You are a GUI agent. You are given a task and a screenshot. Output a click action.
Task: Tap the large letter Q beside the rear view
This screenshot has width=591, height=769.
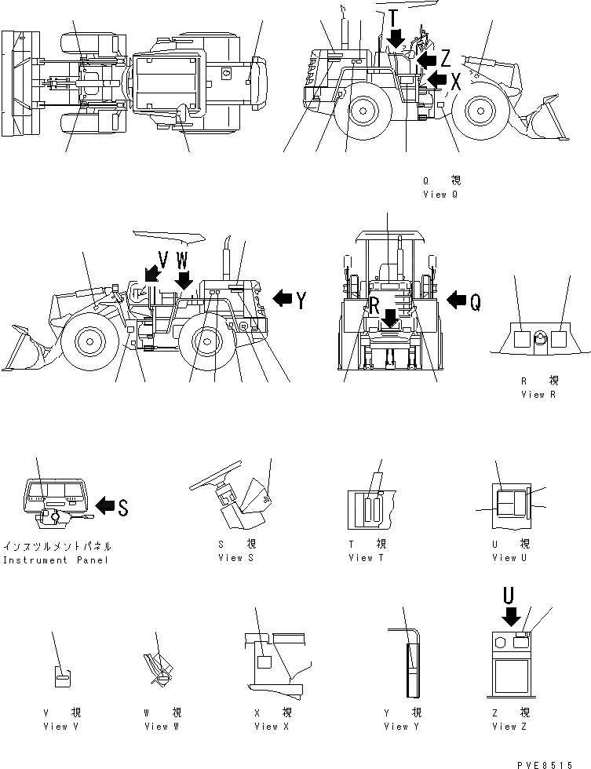pyautogui.click(x=475, y=300)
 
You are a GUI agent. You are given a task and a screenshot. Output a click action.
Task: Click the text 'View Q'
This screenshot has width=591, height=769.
pyautogui.click(x=440, y=194)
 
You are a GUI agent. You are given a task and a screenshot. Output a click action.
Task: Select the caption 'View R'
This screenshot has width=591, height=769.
pyautogui.click(x=538, y=395)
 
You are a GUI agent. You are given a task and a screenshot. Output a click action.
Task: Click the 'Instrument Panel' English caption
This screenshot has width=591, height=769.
pyautogui.click(x=57, y=560)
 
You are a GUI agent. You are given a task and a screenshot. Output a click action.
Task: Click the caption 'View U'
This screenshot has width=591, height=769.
pyautogui.click(x=504, y=558)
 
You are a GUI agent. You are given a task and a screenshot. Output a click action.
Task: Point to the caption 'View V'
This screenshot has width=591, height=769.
pyautogui.click(x=60, y=727)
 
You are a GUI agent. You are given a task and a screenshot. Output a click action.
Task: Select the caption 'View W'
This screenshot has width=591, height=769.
pyautogui.click(x=162, y=727)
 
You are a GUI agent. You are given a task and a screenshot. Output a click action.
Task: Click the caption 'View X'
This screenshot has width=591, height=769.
pyautogui.click(x=272, y=727)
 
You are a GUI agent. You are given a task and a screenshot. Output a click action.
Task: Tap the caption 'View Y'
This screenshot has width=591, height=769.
pyautogui.click(x=401, y=727)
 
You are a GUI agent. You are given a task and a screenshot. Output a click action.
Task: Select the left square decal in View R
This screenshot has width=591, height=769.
pyautogui.click(x=520, y=338)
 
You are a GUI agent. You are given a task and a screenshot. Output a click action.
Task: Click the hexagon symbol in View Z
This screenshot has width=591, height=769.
pyautogui.click(x=500, y=643)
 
